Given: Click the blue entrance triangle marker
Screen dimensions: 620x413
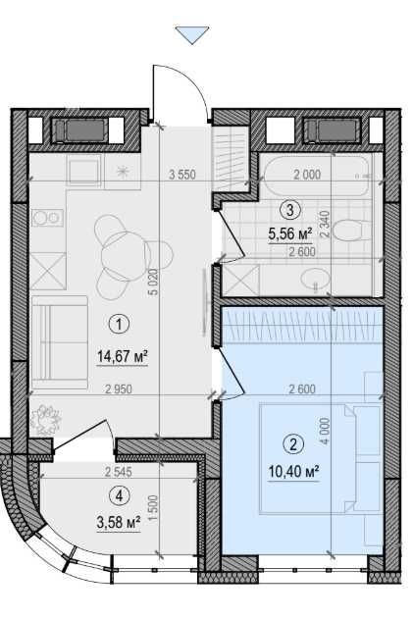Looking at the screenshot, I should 192,35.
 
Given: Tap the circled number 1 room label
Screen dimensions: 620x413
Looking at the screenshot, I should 119,323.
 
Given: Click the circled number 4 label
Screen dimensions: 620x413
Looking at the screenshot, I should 118,495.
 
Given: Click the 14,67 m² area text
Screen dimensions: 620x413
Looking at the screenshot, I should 122,356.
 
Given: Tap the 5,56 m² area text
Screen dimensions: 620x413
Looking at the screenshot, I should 289,233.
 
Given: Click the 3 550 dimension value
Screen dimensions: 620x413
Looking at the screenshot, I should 183,175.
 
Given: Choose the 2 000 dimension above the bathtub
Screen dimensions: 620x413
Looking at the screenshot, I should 307,175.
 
